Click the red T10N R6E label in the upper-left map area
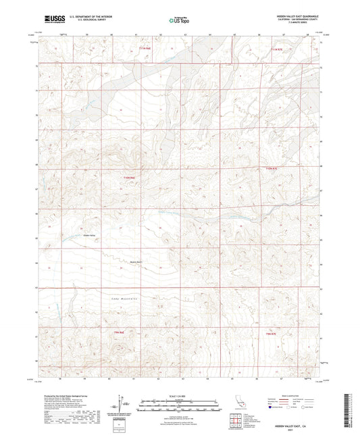tap(130, 177)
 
